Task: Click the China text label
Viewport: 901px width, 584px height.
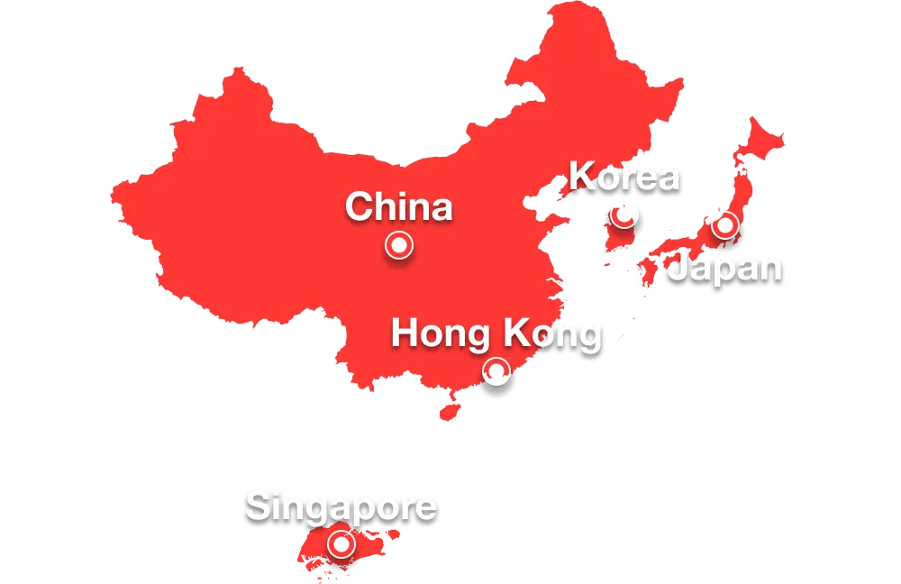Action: [x=398, y=207]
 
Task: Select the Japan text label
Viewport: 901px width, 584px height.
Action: [x=724, y=269]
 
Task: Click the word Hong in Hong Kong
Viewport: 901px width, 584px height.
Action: [x=430, y=334]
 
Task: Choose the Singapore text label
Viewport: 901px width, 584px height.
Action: [x=341, y=507]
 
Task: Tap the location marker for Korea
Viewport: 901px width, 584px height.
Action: [x=623, y=215]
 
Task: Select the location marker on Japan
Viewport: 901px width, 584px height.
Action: [x=725, y=225]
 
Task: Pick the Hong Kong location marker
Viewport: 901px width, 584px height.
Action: [x=496, y=370]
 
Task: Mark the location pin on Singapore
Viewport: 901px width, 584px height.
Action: [x=341, y=543]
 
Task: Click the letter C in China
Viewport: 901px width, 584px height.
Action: [x=359, y=207]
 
